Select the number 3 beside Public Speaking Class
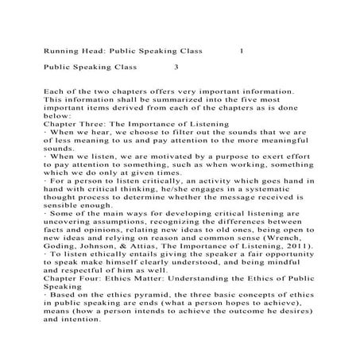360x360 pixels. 176,68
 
